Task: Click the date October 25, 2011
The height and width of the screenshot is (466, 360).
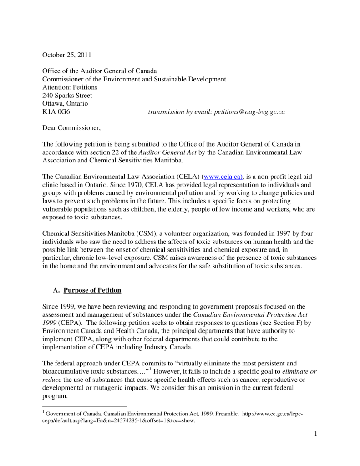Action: point(66,55)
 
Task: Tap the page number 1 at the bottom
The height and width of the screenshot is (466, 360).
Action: point(315,433)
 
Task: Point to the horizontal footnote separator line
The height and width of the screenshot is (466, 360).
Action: point(85,406)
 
